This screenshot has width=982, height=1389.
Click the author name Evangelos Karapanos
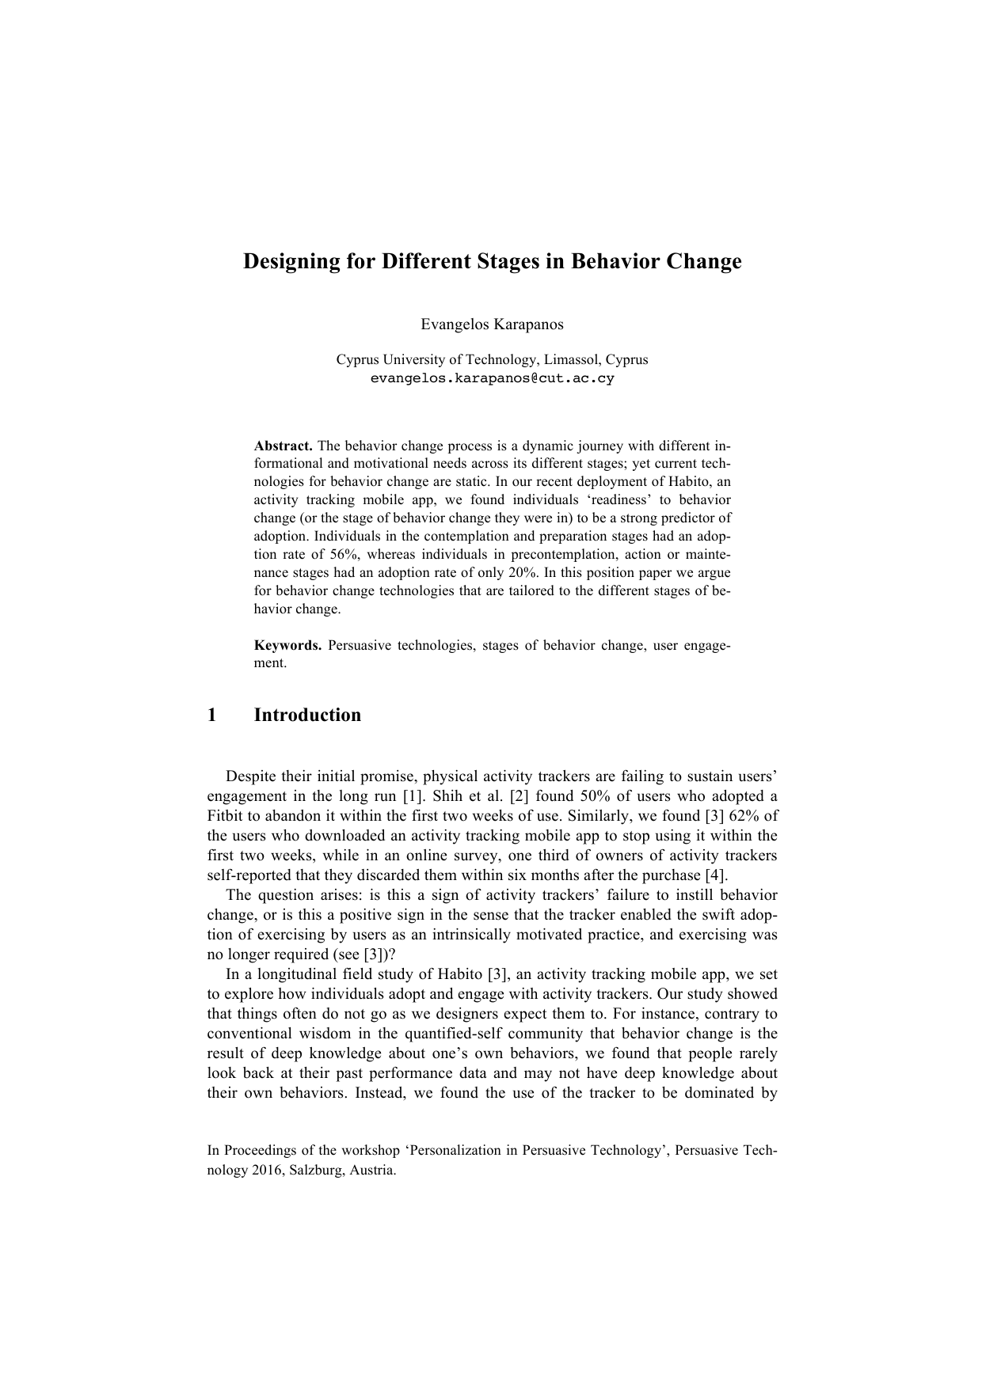coord(492,324)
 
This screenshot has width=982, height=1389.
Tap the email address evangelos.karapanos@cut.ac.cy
coord(492,378)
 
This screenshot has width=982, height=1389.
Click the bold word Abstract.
coord(283,445)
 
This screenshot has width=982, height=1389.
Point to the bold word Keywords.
coord(287,645)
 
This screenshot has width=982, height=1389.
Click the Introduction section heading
coord(307,715)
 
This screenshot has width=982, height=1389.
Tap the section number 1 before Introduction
coord(211,715)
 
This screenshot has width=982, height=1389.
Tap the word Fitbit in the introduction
coord(225,816)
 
